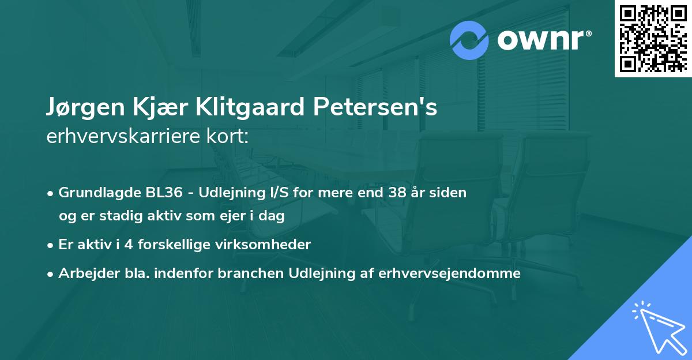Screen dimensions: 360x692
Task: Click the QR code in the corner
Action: [653, 39]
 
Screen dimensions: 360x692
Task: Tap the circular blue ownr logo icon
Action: [469, 40]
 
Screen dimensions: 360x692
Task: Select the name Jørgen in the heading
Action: [78, 108]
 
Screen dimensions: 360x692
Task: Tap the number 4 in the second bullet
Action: [128, 245]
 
